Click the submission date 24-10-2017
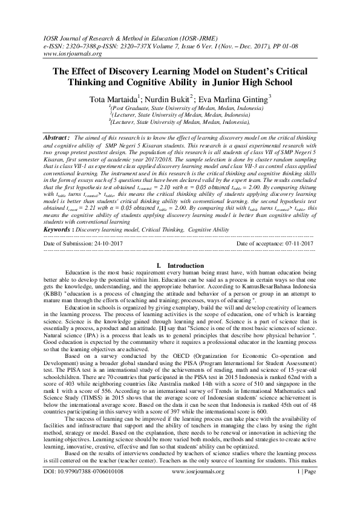coord(121,243)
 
